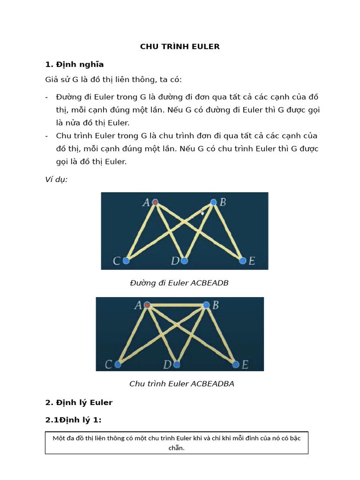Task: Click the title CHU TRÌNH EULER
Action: (x=180, y=46)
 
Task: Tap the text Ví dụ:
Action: (x=56, y=180)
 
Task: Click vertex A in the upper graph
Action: (x=155, y=202)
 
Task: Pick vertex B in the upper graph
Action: (x=213, y=202)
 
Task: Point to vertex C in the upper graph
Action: (x=126, y=261)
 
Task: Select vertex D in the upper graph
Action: (x=184, y=261)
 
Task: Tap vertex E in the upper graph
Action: (x=242, y=261)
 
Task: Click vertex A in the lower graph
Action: (x=147, y=305)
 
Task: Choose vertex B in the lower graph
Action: (x=206, y=305)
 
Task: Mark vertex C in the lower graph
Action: (x=118, y=364)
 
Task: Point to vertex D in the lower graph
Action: (x=177, y=364)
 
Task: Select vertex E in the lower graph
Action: (x=235, y=364)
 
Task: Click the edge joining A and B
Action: (x=176, y=305)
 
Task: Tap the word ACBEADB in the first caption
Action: (x=210, y=283)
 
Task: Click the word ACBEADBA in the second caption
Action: (x=212, y=384)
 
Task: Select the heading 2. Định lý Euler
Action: (x=79, y=402)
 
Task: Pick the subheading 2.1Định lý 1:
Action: (x=73, y=420)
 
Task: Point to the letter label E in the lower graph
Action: (x=245, y=364)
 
